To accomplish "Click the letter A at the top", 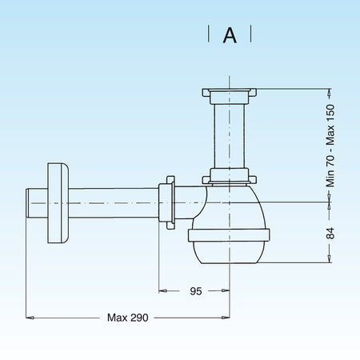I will tap(230, 34).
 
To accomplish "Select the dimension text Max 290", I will tap(128, 318).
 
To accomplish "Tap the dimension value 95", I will tap(195, 291).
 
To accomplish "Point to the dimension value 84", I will tap(330, 233).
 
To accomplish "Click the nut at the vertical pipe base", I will tap(230, 178).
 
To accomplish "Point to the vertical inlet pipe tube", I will tap(230, 138).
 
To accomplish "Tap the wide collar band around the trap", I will tap(230, 236).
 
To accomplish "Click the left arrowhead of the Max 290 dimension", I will tap(31, 318).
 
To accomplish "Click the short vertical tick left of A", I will tap(209, 34).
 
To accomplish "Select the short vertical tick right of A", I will tap(252, 34).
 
